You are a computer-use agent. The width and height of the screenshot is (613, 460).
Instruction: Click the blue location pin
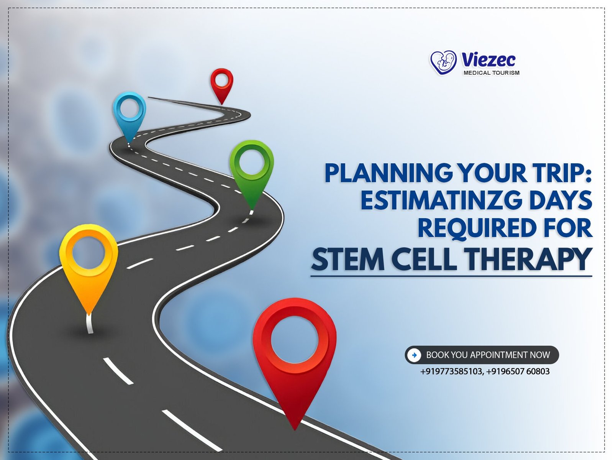(129, 115)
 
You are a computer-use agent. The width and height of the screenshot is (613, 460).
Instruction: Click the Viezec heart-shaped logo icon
(443, 62)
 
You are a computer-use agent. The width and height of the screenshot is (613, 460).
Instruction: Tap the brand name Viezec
(488, 60)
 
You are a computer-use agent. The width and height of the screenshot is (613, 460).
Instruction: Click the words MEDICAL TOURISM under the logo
(492, 73)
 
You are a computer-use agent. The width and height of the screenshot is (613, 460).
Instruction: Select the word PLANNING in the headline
(388, 173)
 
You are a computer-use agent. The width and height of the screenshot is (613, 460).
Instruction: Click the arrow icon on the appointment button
(415, 355)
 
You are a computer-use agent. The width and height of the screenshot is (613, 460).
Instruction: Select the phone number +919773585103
(451, 371)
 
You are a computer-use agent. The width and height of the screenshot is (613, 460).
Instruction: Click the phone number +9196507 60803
(518, 371)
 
